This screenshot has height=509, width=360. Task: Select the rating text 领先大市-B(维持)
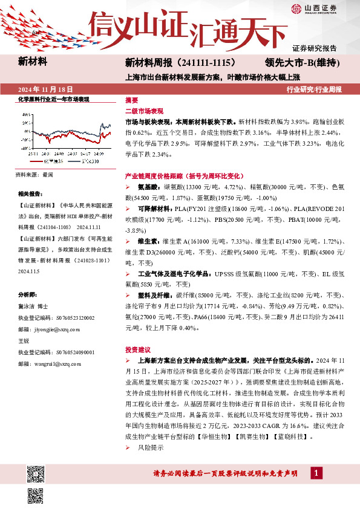click(301, 62)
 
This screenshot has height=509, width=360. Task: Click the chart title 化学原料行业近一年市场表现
click(53, 99)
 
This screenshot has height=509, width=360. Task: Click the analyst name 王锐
click(24, 342)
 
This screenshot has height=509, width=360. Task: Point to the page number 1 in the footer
click(315, 472)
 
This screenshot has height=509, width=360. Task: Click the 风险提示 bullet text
click(151, 448)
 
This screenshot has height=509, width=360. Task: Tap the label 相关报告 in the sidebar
click(29, 194)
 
